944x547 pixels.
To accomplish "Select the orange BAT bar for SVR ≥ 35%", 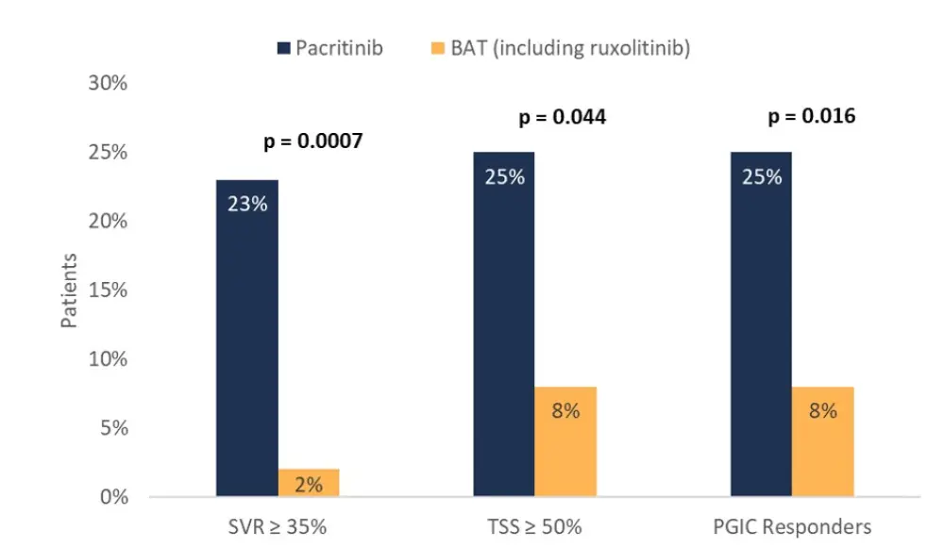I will coord(309,483).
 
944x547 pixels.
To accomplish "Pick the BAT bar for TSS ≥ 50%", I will coord(565,441).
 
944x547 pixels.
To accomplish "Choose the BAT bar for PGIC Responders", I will coord(822,441).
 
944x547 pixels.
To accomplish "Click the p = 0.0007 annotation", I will coord(312,142).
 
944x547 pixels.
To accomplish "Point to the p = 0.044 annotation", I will coord(562,118).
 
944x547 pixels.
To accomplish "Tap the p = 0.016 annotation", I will coord(812,117).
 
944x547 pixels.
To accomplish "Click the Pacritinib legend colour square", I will coord(283,47).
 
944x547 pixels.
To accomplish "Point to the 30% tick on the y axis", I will coord(109,83).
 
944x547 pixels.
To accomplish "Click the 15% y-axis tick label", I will coord(109,290).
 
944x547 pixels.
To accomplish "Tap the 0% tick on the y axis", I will coord(113,497).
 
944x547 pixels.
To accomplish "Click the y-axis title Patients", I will coord(69,290).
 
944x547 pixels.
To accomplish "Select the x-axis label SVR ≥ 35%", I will coord(278,526).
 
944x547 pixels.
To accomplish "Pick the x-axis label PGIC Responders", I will coord(791,526).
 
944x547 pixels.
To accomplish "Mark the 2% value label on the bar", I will coord(309,485).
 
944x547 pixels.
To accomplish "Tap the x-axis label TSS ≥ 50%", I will coord(534,526).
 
